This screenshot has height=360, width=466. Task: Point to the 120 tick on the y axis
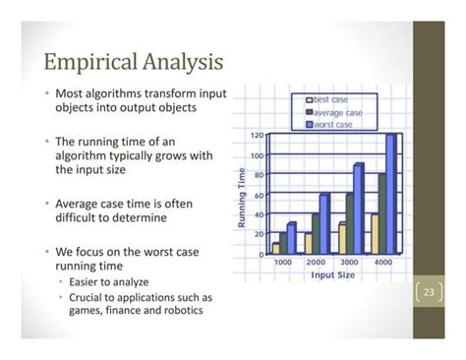(x=255, y=135)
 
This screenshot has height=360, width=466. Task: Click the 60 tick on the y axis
(x=257, y=195)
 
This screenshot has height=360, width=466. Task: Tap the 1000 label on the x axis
(x=283, y=264)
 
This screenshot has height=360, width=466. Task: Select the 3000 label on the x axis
(x=348, y=264)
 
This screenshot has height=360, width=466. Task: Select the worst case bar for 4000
(x=390, y=194)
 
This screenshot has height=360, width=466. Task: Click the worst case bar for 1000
(x=291, y=238)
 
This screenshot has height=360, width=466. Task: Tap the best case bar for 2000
(x=307, y=242)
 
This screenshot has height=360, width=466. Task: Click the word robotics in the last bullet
(x=183, y=312)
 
